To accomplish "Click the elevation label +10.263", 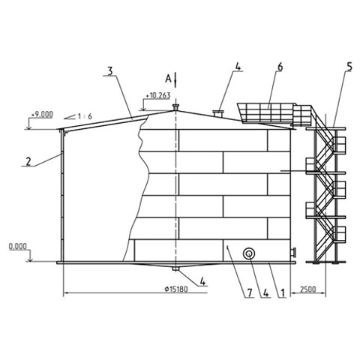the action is pos(158,95).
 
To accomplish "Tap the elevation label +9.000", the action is pos(42,115).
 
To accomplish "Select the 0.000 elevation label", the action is pos(18,247).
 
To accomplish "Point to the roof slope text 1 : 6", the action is pos(85,116).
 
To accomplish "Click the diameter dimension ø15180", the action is pos(176,289).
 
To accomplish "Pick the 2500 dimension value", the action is pos(308,289).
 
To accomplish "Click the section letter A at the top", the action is pos(168,79).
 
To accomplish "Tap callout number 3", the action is pos(110,71).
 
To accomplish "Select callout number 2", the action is pos(28,161).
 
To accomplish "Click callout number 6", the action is pos(280,67).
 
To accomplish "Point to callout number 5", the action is pos(349,67).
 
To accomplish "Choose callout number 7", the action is pos(250,292).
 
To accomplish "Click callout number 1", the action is pos(283,292).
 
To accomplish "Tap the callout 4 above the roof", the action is pos(238,67).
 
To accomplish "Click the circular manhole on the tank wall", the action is pos(249,253).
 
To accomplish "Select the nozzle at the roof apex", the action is pos(175,107).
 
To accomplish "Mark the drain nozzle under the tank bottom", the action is pos(175,268).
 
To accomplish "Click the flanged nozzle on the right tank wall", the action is pos(293,252).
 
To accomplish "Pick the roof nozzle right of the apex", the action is pos(218,113).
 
